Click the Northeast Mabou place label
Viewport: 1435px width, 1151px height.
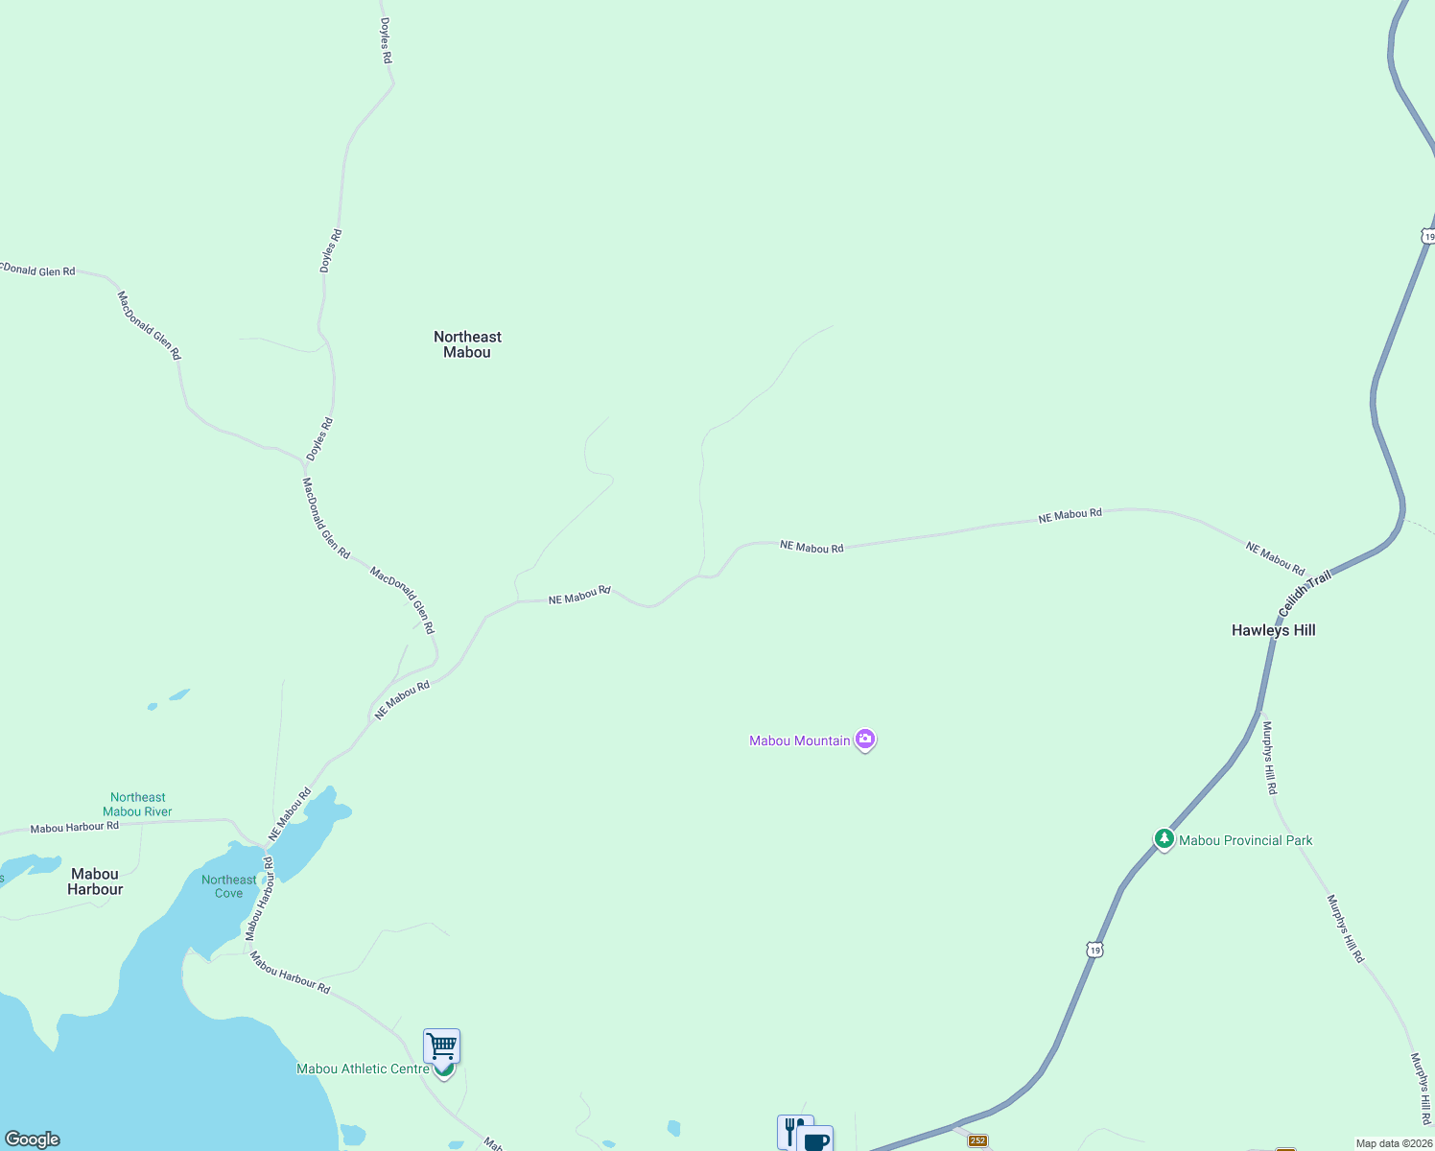pyautogui.click(x=467, y=344)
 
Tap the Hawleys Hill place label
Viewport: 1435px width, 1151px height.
pyautogui.click(x=1273, y=630)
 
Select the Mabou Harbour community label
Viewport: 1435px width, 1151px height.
pyautogui.click(x=95, y=881)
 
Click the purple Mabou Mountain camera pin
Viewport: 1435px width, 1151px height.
pyautogui.click(x=865, y=740)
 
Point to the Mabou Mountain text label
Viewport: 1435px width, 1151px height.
pyautogui.click(x=799, y=740)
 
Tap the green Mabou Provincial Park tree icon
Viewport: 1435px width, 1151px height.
pyautogui.click(x=1164, y=839)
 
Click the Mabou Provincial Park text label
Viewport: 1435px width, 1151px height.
pyautogui.click(x=1245, y=840)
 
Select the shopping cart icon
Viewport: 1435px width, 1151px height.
pyautogui.click(x=441, y=1045)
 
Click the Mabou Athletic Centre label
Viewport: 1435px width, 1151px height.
pyautogui.click(x=363, y=1069)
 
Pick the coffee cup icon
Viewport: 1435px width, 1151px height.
pyautogui.click(x=816, y=1139)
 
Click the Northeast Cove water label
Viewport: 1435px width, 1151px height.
pyautogui.click(x=228, y=886)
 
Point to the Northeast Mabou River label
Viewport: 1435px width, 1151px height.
pyautogui.click(x=138, y=805)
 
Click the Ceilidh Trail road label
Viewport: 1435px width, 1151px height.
pyautogui.click(x=1305, y=593)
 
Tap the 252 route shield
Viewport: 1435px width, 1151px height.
pyautogui.click(x=977, y=1140)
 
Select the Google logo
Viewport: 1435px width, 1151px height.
pyautogui.click(x=33, y=1139)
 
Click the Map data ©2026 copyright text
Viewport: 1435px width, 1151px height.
pyautogui.click(x=1394, y=1143)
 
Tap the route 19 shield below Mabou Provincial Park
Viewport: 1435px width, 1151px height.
pyautogui.click(x=1094, y=950)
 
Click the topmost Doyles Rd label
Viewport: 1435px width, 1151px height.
pyautogui.click(x=386, y=41)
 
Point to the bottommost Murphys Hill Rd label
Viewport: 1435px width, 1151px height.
pyautogui.click(x=1421, y=1089)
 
